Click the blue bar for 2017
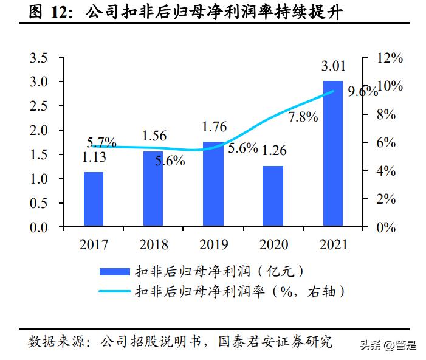pos(93,199)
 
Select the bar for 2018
pos(153,189)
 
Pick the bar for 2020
pos(273,196)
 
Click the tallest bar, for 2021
pos(332,154)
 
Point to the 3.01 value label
pos(332,66)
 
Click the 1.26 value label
pos(273,150)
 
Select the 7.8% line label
pos(303,117)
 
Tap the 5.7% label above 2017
pos(101,143)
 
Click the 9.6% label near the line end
pos(362,92)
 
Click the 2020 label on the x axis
pos(273,245)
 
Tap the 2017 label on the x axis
pos(93,245)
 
